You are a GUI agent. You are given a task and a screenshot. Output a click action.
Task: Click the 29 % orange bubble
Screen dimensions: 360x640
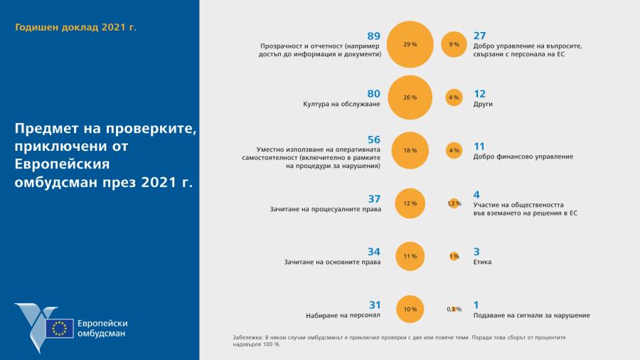coord(410,44)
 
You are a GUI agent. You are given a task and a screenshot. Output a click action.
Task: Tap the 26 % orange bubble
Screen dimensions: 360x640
coord(410,97)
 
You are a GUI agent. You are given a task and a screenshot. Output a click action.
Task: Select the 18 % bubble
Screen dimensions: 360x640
coord(410,150)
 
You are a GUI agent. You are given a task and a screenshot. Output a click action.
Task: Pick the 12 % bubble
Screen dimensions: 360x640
coord(410,203)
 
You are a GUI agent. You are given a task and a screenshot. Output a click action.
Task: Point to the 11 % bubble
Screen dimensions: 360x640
coord(410,256)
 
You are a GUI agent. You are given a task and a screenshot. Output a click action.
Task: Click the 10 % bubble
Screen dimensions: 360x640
coord(410,309)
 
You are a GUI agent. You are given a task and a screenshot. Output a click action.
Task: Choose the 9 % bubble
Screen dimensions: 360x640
coord(454,44)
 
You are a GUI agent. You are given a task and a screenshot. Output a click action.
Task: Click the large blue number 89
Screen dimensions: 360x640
coord(374,36)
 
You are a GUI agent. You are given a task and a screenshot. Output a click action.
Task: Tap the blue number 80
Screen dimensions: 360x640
coord(374,93)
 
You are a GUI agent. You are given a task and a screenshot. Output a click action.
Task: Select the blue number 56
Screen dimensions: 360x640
coord(374,139)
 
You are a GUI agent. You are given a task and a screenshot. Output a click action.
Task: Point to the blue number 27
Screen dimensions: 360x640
coord(480,36)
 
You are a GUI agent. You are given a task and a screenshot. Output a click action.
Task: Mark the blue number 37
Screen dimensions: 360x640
coord(374,198)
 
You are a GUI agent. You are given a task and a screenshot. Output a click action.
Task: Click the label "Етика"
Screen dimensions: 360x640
coord(482,262)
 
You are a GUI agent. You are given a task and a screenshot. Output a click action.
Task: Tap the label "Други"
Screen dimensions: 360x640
coord(483,104)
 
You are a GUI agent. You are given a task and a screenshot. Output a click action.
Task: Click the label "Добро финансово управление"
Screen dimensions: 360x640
coord(523,157)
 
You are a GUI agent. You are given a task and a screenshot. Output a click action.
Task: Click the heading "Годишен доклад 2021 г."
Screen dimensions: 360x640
coord(76,27)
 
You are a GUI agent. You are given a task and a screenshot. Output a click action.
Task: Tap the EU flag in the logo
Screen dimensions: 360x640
coord(59,328)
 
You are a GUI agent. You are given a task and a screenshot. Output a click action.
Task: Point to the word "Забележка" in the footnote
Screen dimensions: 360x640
coord(247,337)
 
